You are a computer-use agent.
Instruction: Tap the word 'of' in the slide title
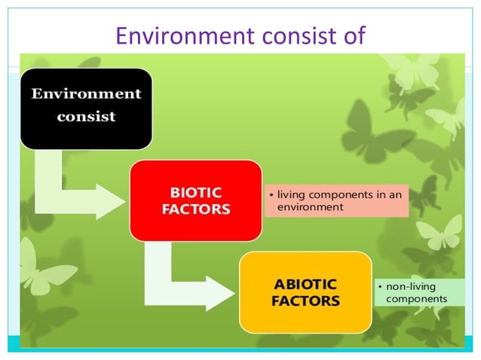click(352, 35)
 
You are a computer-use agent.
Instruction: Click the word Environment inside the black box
click(86, 94)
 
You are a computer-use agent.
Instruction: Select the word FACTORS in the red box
click(195, 209)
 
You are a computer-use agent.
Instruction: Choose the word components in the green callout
click(416, 299)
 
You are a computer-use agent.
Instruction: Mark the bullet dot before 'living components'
click(271, 195)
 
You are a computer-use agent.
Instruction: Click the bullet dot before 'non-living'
click(379, 287)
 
